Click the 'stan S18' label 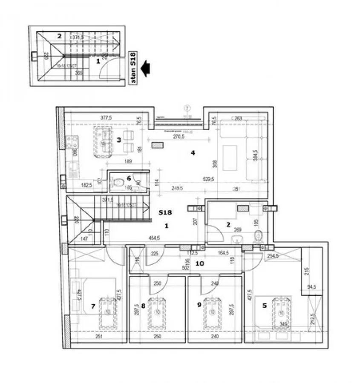coord(132,68)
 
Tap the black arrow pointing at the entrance coord(146,68)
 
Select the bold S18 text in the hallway coord(166,212)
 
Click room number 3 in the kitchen coord(119,140)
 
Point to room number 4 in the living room coord(193,152)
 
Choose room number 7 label coord(93,306)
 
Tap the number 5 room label coord(264,305)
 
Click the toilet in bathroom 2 coord(257,236)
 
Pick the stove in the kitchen coord(72,142)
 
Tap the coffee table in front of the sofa coord(230,156)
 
